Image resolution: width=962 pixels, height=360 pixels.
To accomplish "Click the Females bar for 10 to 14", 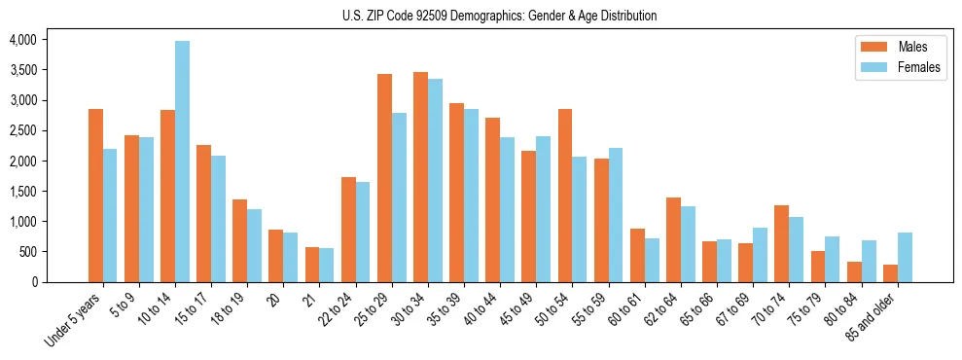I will pos(183,162).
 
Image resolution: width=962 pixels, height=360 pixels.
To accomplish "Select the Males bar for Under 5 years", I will pos(95,196).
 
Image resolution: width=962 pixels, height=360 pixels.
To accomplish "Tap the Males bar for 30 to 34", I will pos(420,177).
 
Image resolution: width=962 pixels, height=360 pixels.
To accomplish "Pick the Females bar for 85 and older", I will pos(905,258).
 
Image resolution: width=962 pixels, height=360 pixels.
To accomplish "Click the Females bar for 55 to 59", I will pos(616,215).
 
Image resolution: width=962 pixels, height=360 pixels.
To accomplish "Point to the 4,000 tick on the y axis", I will pos(22,40).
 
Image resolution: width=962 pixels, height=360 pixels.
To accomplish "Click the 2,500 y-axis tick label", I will pos(22,130).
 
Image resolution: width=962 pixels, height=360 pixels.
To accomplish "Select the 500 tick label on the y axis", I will pos(27,252).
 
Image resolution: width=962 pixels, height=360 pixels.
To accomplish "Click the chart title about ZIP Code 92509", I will pos(499,16).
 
